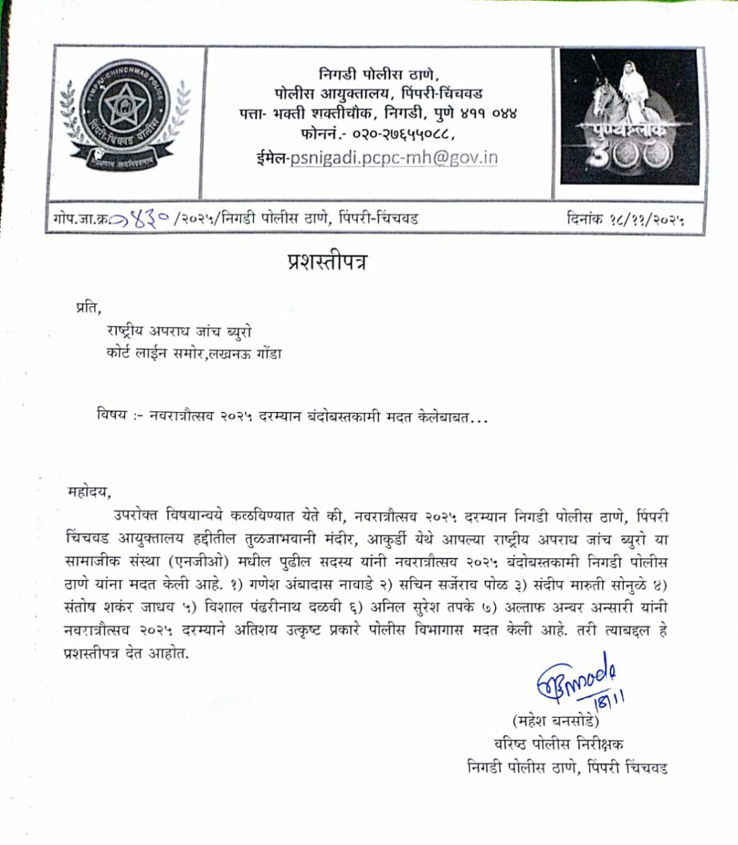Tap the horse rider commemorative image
click(629, 117)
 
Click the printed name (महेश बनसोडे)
click(555, 722)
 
